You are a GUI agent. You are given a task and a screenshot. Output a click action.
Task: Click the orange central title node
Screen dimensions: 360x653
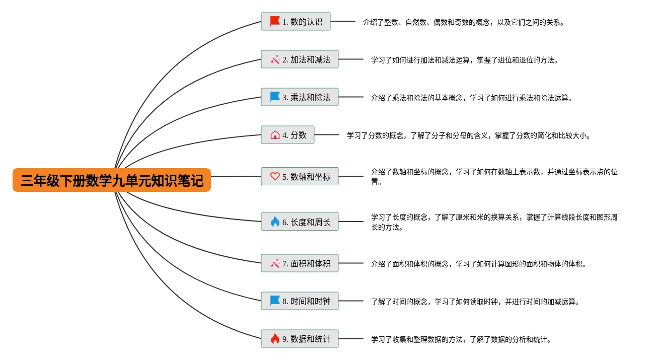click(111, 180)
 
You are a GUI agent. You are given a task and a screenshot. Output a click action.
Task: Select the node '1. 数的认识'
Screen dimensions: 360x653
click(296, 22)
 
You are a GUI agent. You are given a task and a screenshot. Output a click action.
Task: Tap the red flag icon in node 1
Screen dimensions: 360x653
click(275, 21)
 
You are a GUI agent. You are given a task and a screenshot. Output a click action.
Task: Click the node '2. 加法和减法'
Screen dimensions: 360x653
click(300, 59)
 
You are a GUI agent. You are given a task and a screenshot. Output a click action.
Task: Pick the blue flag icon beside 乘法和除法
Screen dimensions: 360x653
click(275, 97)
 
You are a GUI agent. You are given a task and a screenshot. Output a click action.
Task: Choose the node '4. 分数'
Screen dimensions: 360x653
click(287, 135)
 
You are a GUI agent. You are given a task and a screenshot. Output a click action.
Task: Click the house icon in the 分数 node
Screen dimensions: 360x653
click(275, 135)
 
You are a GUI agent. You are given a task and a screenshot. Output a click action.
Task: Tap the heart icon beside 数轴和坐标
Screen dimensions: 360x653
click(275, 176)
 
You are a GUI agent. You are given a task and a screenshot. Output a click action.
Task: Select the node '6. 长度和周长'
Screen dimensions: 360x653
click(300, 222)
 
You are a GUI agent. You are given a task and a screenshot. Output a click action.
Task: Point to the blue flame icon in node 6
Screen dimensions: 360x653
click(275, 222)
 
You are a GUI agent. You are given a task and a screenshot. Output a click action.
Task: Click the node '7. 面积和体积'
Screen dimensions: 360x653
click(300, 263)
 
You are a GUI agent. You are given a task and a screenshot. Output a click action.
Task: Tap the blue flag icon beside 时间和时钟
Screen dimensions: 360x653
click(275, 301)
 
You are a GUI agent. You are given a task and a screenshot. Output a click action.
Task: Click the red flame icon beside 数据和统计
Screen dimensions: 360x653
click(275, 339)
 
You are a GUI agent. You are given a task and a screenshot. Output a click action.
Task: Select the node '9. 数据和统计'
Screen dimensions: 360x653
click(300, 339)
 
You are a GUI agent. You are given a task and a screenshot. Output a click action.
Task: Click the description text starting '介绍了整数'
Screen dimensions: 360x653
click(464, 22)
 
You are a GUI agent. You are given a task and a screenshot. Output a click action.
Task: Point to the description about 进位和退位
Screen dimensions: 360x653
click(465, 60)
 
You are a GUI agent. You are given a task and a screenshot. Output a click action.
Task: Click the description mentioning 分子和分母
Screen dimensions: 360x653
click(468, 135)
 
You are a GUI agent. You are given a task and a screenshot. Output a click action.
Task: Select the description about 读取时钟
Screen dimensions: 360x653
click(475, 302)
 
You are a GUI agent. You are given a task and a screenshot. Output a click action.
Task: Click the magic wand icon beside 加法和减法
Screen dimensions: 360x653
click(275, 59)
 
